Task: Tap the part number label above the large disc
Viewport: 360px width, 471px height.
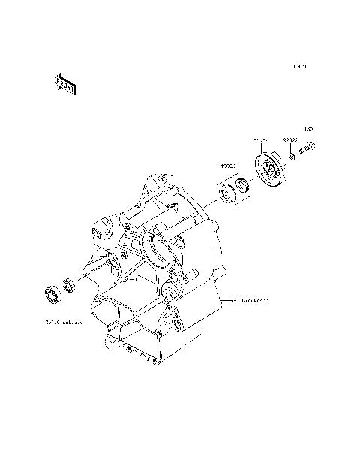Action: pos(260,140)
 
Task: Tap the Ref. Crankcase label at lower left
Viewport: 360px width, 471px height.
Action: pos(63,323)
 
